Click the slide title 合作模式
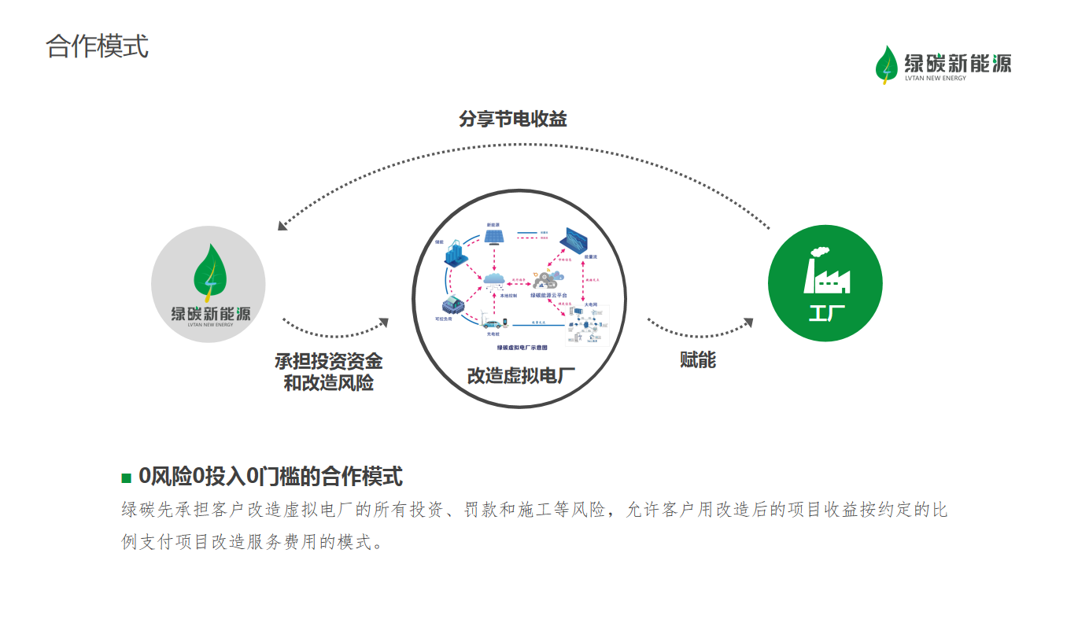point(97,46)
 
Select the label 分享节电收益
point(513,120)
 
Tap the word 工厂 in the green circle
point(826,313)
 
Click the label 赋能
point(698,360)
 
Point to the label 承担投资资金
point(329,361)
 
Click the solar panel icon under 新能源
point(494,237)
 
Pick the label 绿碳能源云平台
point(548,295)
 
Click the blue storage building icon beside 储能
point(456,255)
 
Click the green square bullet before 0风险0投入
point(126,477)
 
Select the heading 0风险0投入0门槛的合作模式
point(270,477)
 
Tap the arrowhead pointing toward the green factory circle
point(748,323)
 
